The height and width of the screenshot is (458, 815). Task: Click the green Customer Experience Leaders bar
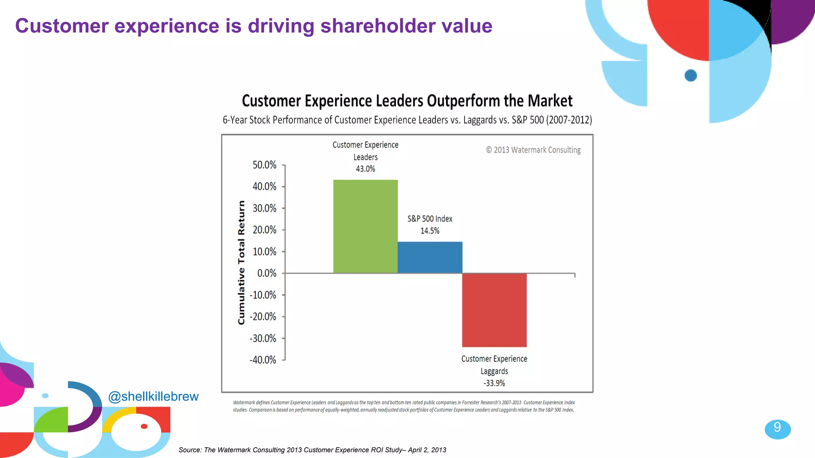pos(365,226)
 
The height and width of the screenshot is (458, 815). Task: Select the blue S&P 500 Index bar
pos(430,257)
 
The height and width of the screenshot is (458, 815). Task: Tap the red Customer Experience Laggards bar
pos(494,310)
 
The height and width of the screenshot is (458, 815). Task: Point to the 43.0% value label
pos(365,169)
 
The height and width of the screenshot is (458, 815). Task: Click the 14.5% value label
pos(430,231)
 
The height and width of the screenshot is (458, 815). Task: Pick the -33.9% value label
pos(494,383)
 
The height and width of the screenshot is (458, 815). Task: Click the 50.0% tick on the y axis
pos(264,165)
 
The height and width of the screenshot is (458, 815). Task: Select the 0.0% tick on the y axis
pos(267,274)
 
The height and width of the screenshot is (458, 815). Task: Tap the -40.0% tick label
pos(263,360)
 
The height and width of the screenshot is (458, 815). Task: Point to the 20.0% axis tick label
pos(264,230)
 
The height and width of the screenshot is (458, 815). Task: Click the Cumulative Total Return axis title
pos(241,262)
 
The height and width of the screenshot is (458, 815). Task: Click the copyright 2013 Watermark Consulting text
pos(533,150)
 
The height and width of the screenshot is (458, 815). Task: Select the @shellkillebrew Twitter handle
pos(153,396)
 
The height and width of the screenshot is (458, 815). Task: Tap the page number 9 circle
pos(777,429)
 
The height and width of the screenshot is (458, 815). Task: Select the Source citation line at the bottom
pos(312,450)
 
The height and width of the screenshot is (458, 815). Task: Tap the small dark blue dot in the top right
pos(690,75)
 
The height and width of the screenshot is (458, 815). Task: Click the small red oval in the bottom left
pos(144,426)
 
